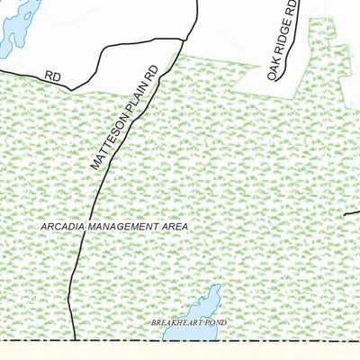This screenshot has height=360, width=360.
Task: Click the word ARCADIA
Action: coord(62,227)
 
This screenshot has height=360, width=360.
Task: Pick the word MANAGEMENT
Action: coord(123,227)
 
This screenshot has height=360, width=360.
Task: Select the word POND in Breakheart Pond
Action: coord(216,321)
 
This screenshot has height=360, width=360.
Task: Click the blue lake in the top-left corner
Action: coord(16,27)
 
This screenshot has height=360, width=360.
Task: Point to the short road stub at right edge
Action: coord(352,213)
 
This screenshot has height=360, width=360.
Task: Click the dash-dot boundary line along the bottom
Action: coord(270,342)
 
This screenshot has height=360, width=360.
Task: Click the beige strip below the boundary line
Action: coord(180,352)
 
